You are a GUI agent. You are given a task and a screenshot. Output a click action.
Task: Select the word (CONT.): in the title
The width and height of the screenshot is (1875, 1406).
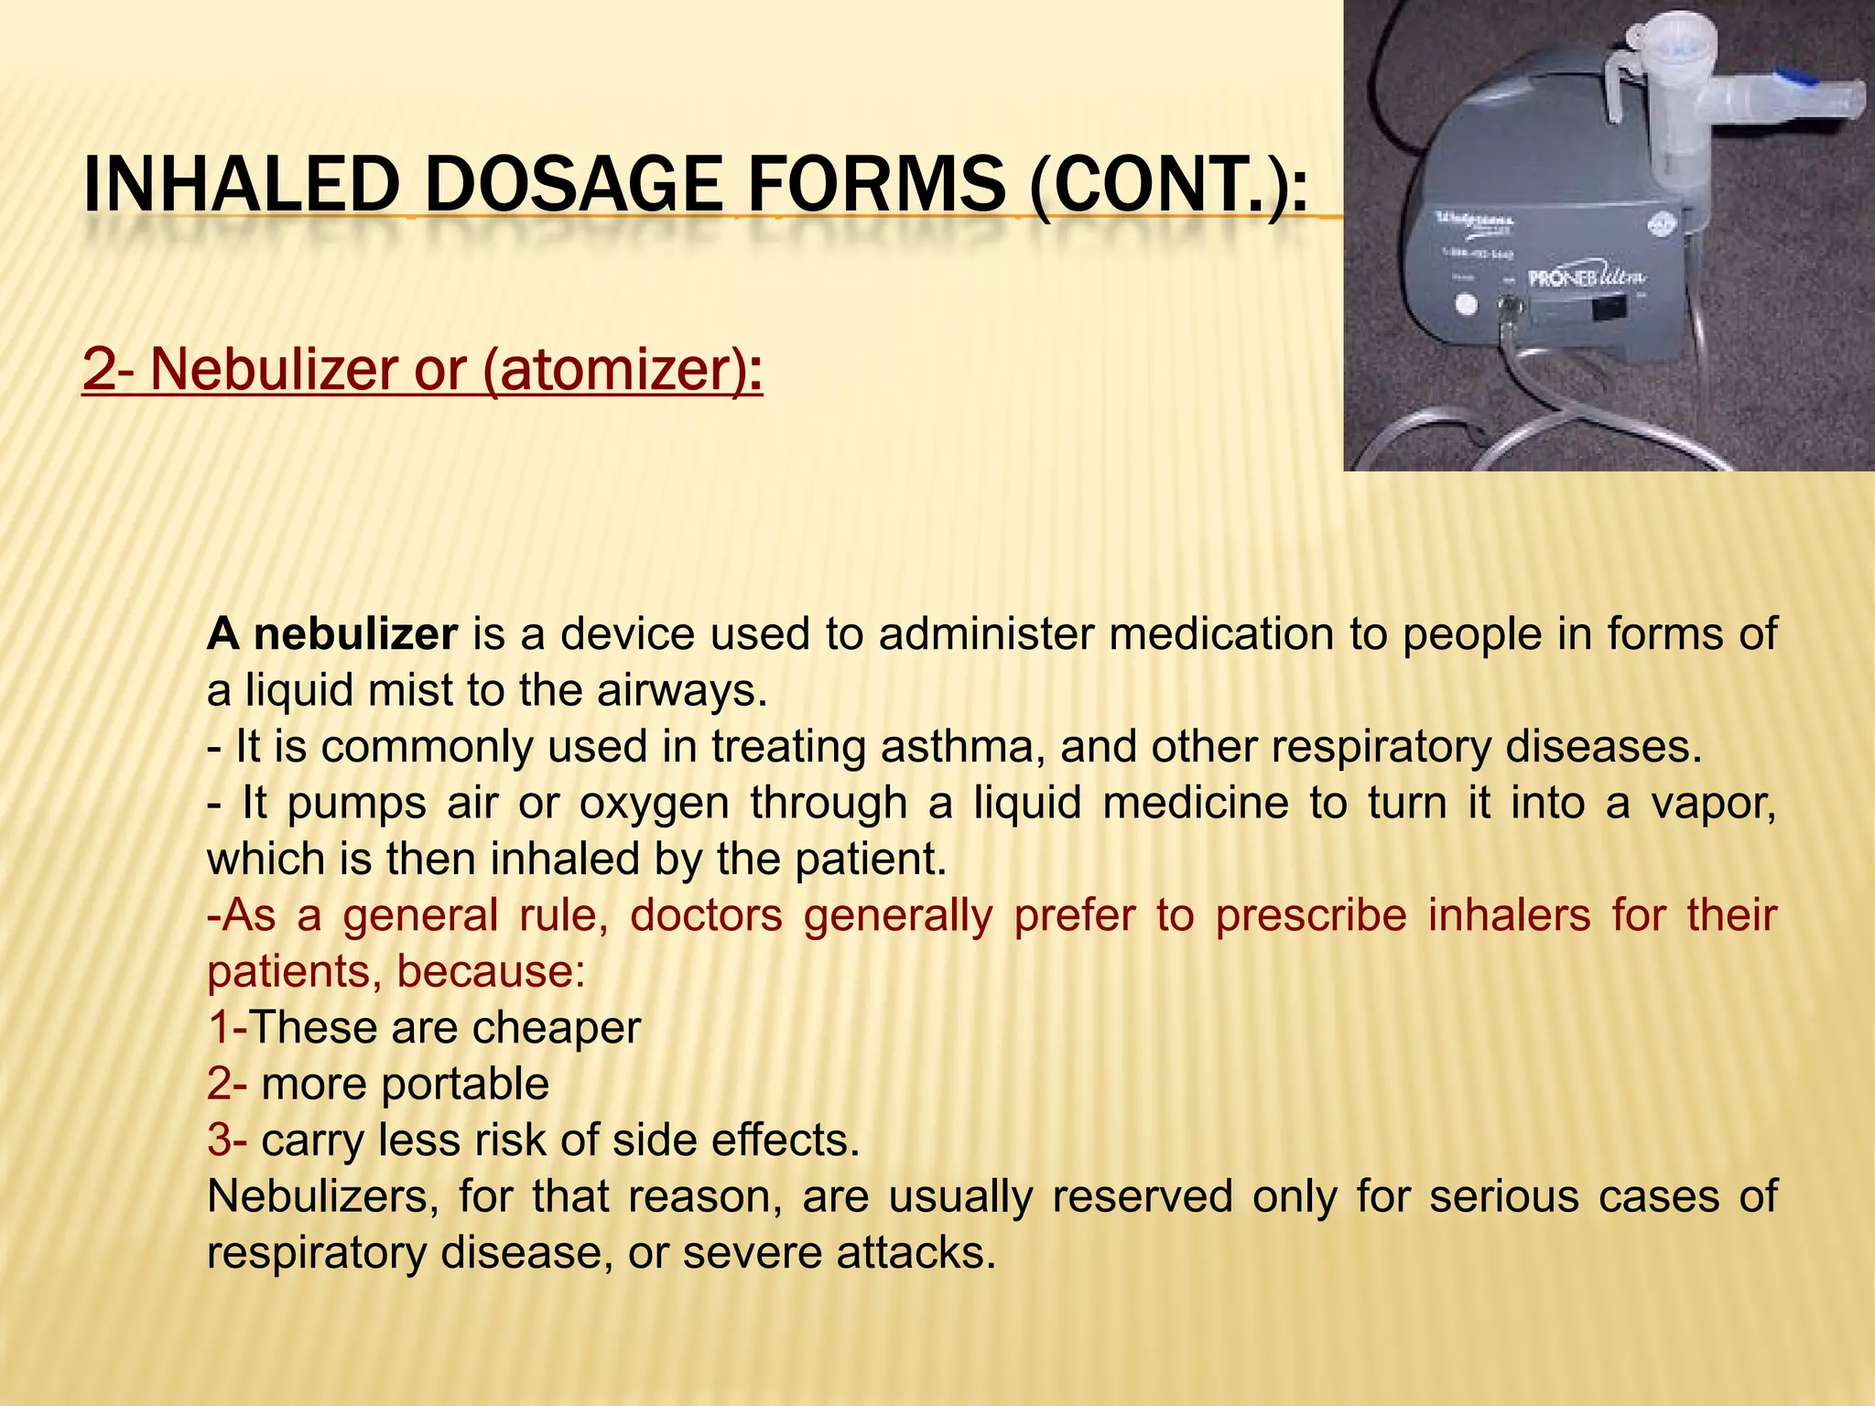(1168, 185)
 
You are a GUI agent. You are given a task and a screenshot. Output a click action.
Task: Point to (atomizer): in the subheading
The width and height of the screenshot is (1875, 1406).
(622, 371)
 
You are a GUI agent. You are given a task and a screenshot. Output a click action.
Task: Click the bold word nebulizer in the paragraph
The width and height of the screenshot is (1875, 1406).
(355, 634)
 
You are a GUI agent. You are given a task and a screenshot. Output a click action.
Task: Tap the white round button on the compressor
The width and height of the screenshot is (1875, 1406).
(1466, 304)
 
